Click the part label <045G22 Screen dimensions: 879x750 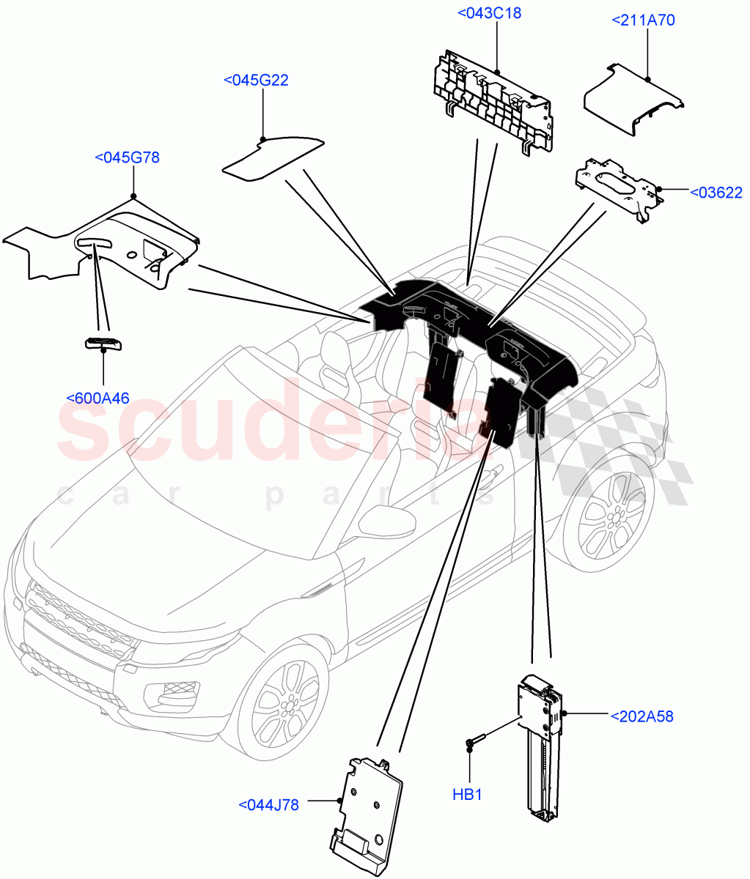pos(255,80)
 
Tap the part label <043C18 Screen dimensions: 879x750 pos(489,12)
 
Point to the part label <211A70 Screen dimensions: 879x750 pos(643,21)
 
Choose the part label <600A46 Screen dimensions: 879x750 pos(98,398)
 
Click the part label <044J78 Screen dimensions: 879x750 pos(269,804)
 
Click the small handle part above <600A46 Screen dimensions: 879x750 pos(102,343)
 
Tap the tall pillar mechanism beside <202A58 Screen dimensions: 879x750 pos(543,747)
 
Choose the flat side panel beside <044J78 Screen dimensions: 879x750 pos(367,813)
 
